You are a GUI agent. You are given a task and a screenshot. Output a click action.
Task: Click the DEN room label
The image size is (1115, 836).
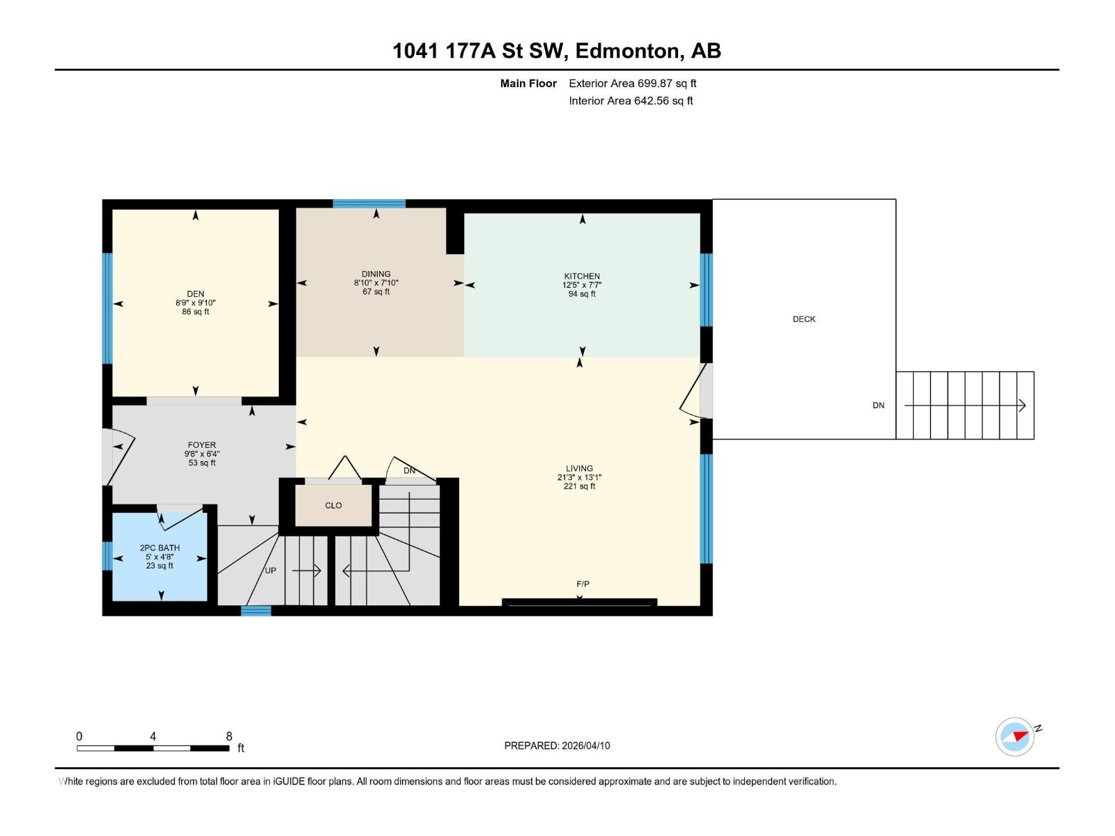pos(195,294)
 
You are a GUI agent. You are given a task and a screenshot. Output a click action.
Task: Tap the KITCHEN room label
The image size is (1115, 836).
pos(582,276)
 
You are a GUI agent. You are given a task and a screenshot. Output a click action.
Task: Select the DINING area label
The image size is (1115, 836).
pos(376,274)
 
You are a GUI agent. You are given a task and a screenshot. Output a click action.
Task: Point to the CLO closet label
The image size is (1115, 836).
pos(333,505)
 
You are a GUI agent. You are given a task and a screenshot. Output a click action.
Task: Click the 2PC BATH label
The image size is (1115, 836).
pos(160,548)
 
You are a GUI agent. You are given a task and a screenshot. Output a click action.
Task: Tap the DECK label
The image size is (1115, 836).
pos(803,319)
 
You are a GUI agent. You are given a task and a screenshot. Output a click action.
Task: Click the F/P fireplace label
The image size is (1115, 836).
pos(583,584)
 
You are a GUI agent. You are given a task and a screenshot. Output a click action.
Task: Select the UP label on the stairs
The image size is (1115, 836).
pos(270,571)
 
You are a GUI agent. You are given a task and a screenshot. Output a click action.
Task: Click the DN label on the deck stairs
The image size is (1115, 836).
pos(878,405)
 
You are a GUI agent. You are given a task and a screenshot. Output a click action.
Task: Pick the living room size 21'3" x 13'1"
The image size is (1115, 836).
pos(579,478)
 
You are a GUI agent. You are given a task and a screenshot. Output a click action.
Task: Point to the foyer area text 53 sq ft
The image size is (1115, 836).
pos(202,463)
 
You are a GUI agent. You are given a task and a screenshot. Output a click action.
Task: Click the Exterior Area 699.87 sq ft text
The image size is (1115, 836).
pos(632,84)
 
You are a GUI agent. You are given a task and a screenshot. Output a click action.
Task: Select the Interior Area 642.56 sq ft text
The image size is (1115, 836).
pos(631,101)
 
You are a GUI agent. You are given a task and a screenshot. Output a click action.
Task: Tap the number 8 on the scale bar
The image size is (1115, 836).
pos(229,736)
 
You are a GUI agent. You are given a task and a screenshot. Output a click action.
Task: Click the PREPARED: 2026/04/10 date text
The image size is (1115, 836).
pos(557,745)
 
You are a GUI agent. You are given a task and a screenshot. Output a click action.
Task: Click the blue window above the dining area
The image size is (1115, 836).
pos(369,203)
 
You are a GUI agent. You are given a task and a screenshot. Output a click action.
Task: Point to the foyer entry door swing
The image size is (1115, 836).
pos(118,457)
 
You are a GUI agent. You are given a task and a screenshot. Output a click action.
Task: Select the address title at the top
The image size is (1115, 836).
pos(557,51)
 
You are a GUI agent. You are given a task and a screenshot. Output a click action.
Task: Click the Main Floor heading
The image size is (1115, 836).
pos(528,84)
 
